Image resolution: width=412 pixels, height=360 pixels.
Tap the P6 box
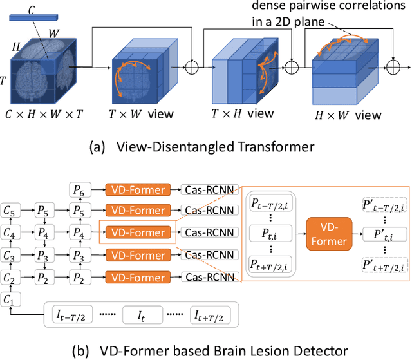click(x=79, y=189)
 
